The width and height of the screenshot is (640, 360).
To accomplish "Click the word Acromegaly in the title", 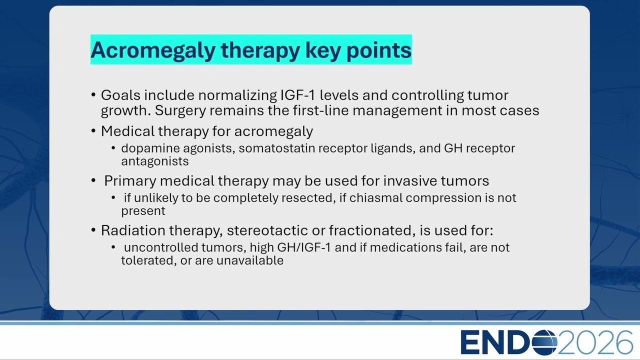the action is tap(153, 50).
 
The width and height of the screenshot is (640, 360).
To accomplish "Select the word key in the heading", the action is tap(323, 50).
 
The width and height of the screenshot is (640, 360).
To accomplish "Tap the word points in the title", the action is tap(379, 50).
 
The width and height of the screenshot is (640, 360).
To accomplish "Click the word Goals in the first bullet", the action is tap(120, 95).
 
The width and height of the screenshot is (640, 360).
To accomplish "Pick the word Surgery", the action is tap(180, 111).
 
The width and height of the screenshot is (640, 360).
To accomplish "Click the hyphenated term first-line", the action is tap(321, 110).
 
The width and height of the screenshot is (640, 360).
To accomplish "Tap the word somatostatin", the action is tap(277, 148).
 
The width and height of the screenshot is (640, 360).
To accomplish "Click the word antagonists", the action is tap(155, 161).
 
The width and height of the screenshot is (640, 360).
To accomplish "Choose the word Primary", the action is tap(130, 181).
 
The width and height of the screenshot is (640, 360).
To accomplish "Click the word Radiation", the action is tap(133, 230).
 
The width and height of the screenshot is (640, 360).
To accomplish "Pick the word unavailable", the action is tap(250, 260).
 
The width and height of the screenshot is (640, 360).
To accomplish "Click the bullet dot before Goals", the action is tap(93, 94).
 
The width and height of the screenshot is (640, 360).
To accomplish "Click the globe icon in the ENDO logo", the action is tap(544, 342).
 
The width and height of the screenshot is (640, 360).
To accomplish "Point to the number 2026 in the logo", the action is tap(595, 342).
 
